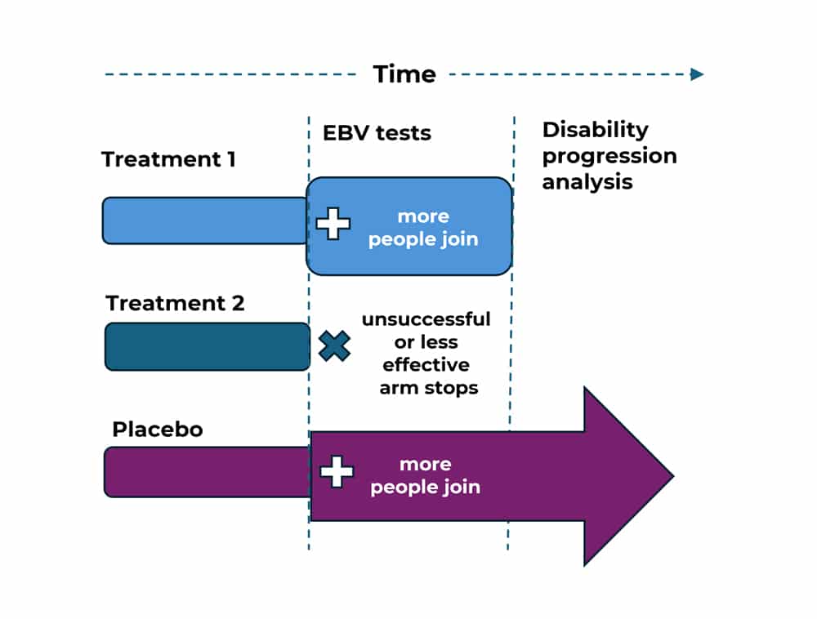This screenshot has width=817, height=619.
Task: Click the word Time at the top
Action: coord(404,74)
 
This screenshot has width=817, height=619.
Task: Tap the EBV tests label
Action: coord(377,133)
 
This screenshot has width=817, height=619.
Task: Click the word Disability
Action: coord(595,130)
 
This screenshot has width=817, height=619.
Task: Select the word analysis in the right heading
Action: coord(587,182)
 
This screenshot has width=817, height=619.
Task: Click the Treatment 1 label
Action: coord(169,159)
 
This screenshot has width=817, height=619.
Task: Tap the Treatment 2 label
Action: coord(175,303)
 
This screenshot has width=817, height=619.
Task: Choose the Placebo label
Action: coord(158,430)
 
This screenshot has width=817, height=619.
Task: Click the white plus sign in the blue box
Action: coord(333,223)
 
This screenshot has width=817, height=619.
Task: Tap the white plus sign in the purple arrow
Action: coord(337,472)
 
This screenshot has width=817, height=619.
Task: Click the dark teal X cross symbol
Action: coord(334,345)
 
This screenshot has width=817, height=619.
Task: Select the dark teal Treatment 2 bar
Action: coord(208,347)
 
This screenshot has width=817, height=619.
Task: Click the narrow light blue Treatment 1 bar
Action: coord(205,220)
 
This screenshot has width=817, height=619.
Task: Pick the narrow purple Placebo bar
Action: coord(208,472)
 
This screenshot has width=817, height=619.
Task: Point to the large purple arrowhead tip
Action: coord(674,476)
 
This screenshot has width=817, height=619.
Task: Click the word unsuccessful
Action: coord(426,319)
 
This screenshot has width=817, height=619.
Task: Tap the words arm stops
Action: coord(429,389)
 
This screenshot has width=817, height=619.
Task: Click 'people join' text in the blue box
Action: coord(423,239)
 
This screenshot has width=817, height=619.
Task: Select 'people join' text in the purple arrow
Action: coord(425,488)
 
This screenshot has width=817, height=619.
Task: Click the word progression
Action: coord(609,156)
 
